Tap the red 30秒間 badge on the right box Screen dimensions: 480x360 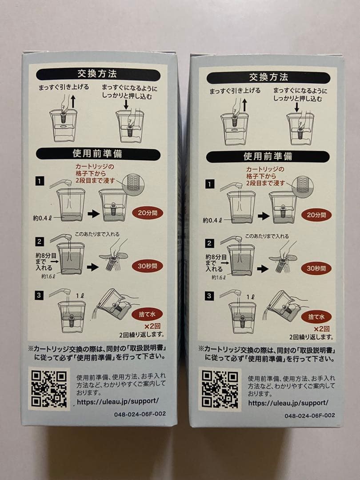(316, 268)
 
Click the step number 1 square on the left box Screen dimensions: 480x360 (40, 181)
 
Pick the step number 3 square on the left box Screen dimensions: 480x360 (40, 295)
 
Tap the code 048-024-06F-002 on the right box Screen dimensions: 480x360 (309, 416)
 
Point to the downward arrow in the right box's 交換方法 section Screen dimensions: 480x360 (296, 107)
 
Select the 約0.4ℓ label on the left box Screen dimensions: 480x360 (43, 218)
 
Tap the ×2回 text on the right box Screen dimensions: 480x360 (321, 329)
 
